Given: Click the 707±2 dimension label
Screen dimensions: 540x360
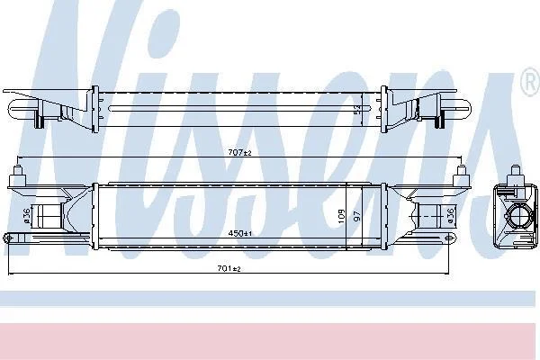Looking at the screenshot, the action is point(240,152).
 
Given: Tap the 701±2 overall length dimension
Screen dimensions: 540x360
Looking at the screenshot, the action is point(229,268).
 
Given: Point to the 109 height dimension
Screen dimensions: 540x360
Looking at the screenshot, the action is point(341,216).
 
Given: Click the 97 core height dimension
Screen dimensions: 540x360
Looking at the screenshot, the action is point(357,216).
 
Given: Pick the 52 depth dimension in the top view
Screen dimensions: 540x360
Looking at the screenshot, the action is point(358,110).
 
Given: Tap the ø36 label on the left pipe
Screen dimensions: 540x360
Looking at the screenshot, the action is point(27,216).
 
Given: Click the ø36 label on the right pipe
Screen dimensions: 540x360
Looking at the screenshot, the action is point(450,216).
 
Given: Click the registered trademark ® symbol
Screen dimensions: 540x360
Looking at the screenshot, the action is point(531,83).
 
